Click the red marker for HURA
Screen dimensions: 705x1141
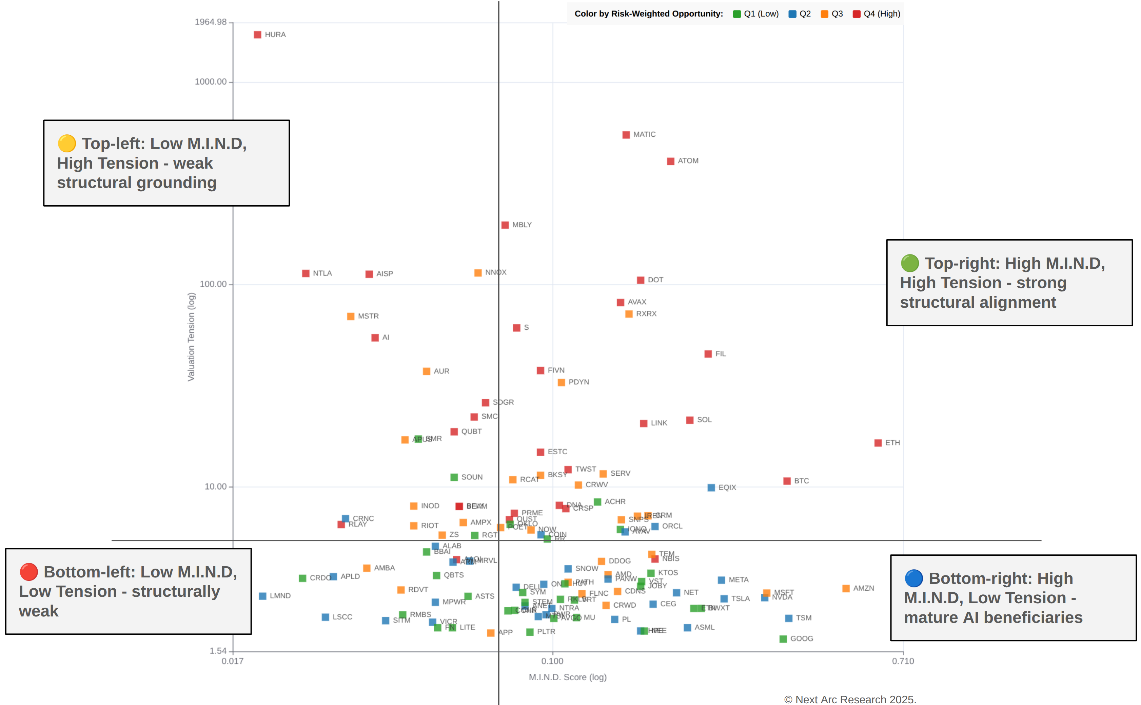click(x=257, y=35)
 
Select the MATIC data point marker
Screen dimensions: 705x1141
click(x=626, y=135)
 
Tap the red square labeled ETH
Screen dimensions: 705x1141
click(x=878, y=443)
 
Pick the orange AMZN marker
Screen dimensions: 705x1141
click(x=846, y=588)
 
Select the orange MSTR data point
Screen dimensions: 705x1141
click(x=350, y=317)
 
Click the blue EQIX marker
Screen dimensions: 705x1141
click(x=711, y=488)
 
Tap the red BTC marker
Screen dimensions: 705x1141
click(x=787, y=481)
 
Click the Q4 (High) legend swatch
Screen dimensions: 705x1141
click(x=856, y=14)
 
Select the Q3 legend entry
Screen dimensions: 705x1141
click(x=832, y=14)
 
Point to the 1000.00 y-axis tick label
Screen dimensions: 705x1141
click(x=211, y=82)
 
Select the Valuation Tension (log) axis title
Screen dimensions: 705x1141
click(x=191, y=337)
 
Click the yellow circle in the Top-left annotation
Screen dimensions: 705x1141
click(x=66, y=144)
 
